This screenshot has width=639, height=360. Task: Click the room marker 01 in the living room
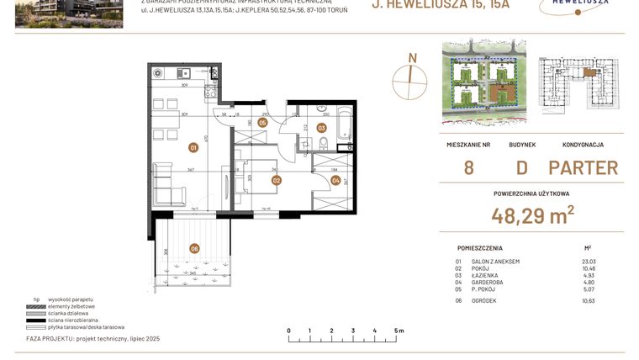(x=193, y=147)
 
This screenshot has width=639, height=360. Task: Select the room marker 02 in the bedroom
(x=276, y=179)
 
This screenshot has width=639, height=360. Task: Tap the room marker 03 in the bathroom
(x=321, y=128)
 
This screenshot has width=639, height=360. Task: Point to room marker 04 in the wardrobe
(x=335, y=179)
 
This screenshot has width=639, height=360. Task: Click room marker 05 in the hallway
(x=263, y=123)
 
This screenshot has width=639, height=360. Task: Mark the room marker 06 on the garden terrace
(x=194, y=247)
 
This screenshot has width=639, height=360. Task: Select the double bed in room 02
(x=255, y=177)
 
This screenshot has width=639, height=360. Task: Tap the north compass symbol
(x=411, y=77)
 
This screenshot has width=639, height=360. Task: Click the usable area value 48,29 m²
(x=533, y=216)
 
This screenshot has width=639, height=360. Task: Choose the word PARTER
(x=583, y=167)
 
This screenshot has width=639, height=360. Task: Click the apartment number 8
(x=468, y=167)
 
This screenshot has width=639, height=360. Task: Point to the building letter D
(x=521, y=167)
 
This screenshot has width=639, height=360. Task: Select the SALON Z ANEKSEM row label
(x=495, y=262)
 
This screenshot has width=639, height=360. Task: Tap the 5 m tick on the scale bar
(x=394, y=331)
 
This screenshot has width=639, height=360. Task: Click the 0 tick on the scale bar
(x=288, y=331)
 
